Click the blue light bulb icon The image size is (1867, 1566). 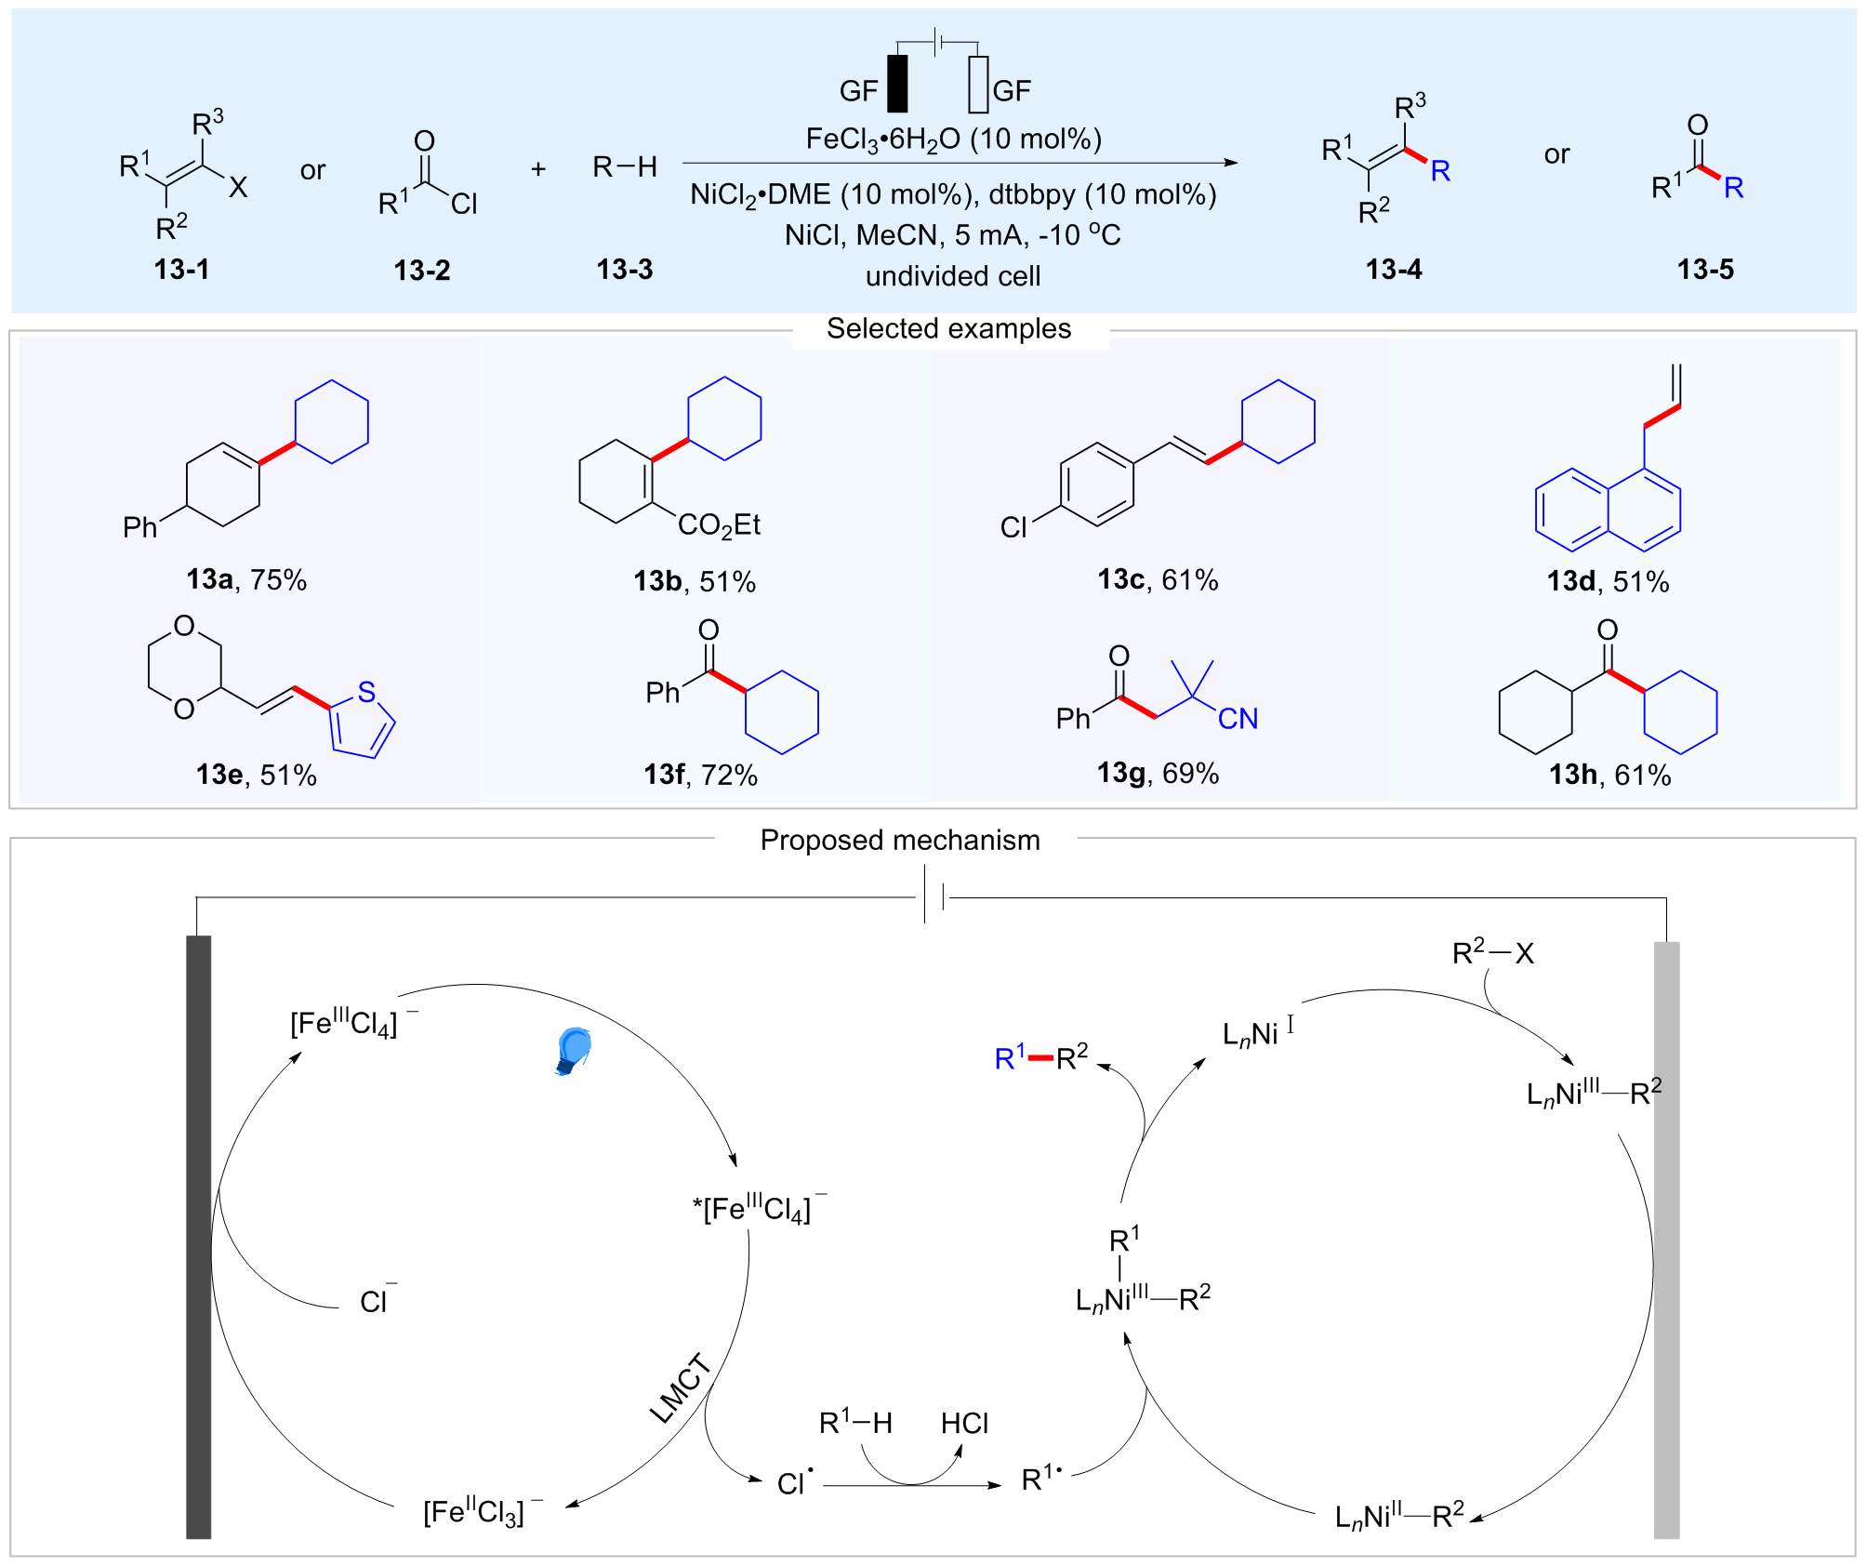click(574, 1051)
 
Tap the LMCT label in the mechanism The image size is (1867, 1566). click(680, 1388)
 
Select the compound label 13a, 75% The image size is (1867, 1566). click(246, 579)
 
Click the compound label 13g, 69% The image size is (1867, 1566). click(1158, 773)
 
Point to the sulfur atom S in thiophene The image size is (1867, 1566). click(366, 691)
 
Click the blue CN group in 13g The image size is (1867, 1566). click(1238, 718)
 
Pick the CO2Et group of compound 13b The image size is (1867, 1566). click(719, 525)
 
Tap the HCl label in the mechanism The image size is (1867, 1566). click(964, 1423)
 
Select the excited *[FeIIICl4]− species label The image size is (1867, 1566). click(759, 1207)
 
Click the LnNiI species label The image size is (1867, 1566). click(1258, 1032)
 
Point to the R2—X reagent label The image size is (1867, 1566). click(1492, 951)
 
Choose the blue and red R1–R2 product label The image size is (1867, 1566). click(1040, 1057)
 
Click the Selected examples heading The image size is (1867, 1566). click(948, 328)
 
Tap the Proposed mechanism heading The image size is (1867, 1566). click(900, 840)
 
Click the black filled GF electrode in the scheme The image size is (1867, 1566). click(897, 84)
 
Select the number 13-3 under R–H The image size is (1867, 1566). click(625, 270)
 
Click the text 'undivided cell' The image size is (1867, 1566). click(953, 276)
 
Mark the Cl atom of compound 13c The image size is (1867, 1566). click(1013, 527)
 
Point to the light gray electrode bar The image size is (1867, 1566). click(1667, 1240)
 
